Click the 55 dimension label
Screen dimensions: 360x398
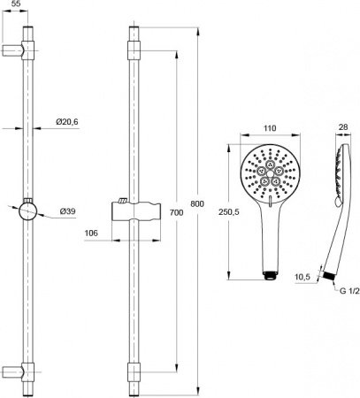coord(15,4)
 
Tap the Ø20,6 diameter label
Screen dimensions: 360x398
coord(67,121)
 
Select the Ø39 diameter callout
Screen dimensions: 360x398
coord(67,211)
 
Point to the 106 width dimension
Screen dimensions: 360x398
coord(91,233)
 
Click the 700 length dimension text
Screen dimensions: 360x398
coord(176,212)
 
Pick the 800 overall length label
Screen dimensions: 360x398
coord(197,203)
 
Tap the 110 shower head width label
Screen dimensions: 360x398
coord(270,128)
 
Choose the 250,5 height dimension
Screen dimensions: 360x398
coord(229,211)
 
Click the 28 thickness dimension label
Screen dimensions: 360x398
coord(343,127)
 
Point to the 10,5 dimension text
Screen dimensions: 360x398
coord(303,277)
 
